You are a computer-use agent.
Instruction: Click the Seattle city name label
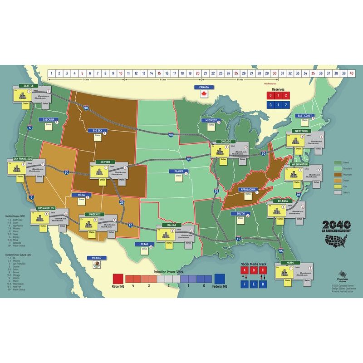(29, 85)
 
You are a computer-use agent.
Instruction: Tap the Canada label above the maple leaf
(203, 87)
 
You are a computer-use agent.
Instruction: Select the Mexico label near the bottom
(96, 258)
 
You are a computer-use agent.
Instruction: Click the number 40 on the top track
(351, 73)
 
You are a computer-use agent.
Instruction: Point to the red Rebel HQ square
(118, 279)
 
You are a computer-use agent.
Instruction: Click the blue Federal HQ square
(220, 279)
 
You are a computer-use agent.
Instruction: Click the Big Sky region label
(98, 131)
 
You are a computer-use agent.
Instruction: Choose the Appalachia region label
(248, 189)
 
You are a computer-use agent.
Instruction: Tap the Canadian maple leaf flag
(203, 94)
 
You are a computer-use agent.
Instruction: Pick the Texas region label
(145, 244)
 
